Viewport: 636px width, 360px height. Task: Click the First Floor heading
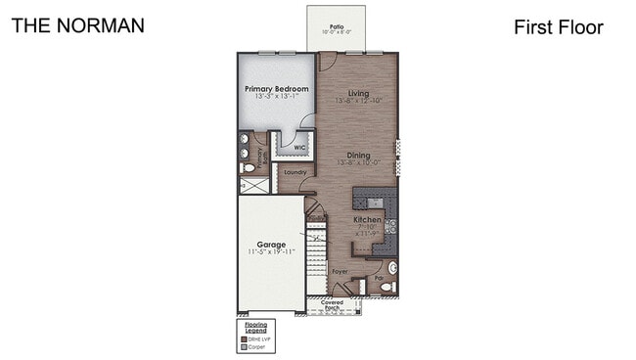click(x=558, y=27)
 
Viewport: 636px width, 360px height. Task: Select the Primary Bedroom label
click(x=277, y=89)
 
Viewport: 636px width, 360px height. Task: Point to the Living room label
click(x=358, y=93)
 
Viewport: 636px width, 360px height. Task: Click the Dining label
click(x=358, y=155)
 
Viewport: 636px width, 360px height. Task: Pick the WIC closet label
click(x=300, y=148)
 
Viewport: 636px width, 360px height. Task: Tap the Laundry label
click(x=295, y=172)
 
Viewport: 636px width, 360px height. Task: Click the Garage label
click(x=271, y=244)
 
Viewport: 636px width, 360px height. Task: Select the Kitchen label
click(x=367, y=220)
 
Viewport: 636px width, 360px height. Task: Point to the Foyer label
click(x=340, y=270)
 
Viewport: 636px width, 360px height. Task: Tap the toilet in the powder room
click(x=386, y=287)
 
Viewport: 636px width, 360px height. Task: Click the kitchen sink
click(x=391, y=266)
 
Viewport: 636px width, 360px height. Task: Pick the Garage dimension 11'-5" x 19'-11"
click(x=271, y=251)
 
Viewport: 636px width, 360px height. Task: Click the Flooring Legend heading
click(x=255, y=326)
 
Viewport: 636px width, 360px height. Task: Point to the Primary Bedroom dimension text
click(x=277, y=97)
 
